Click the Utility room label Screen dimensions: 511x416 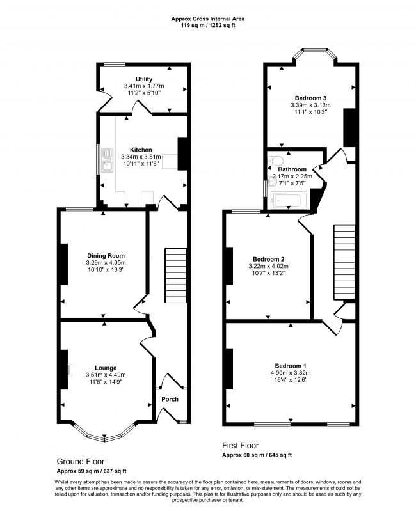(x=143, y=79)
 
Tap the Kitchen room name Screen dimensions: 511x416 (x=141, y=150)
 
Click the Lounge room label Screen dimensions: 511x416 (x=106, y=368)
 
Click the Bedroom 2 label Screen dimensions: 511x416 (x=269, y=259)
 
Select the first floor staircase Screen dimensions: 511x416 (x=343, y=262)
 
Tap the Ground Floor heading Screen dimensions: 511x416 (x=81, y=460)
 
